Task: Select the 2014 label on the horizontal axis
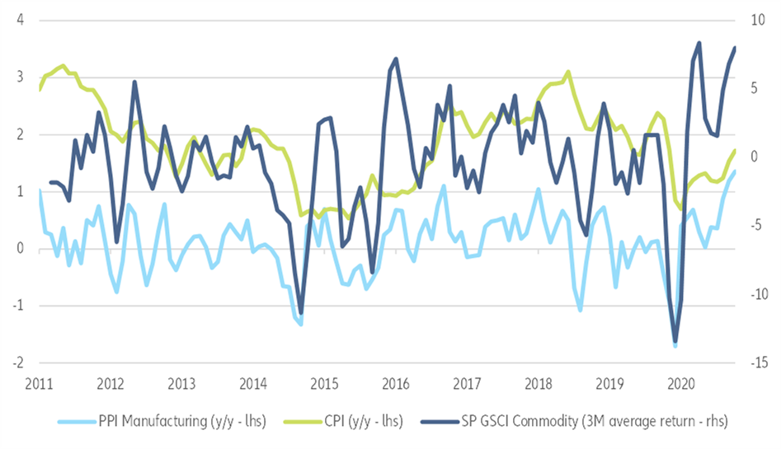point(252,383)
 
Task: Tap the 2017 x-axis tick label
point(467,383)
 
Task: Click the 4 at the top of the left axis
point(18,19)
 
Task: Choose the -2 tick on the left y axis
point(16,362)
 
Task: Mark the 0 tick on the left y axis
point(18,248)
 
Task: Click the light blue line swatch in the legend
point(74,422)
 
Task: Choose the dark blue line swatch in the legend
point(440,422)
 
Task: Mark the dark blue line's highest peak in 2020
point(699,43)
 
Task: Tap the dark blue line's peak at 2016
point(396,58)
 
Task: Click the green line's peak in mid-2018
point(567,72)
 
